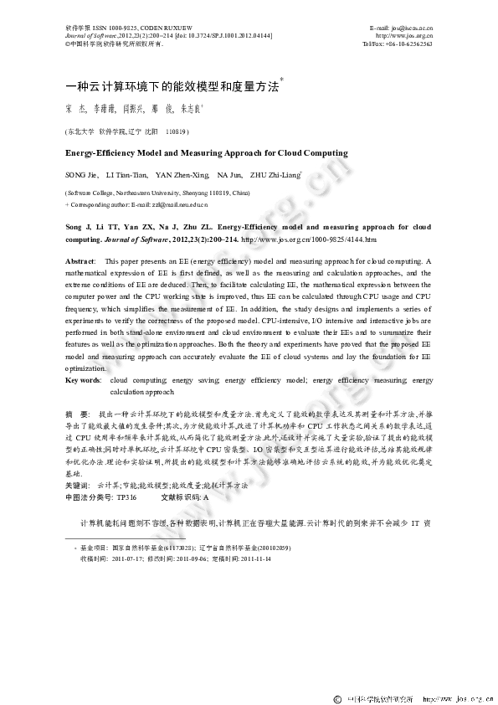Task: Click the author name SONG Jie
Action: tap(82, 175)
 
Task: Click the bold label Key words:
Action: tap(84, 381)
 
